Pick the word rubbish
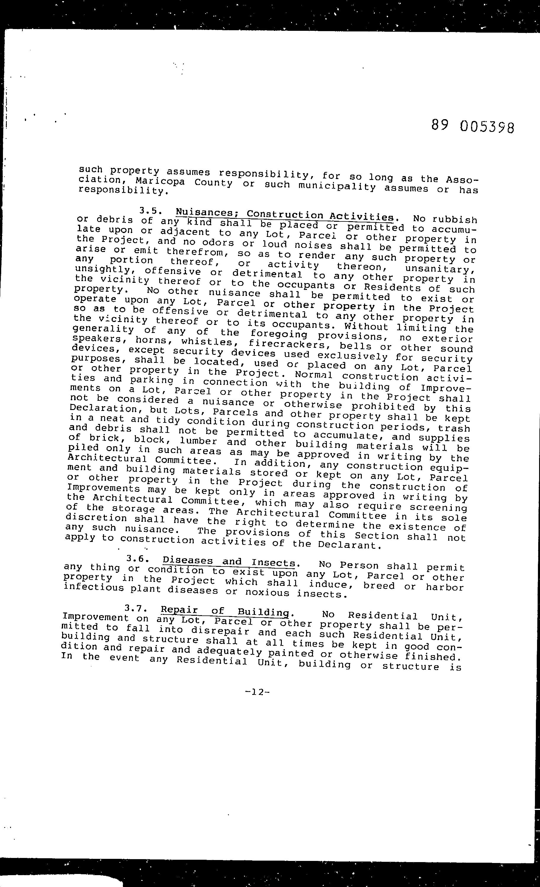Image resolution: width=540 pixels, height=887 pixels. (454, 219)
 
